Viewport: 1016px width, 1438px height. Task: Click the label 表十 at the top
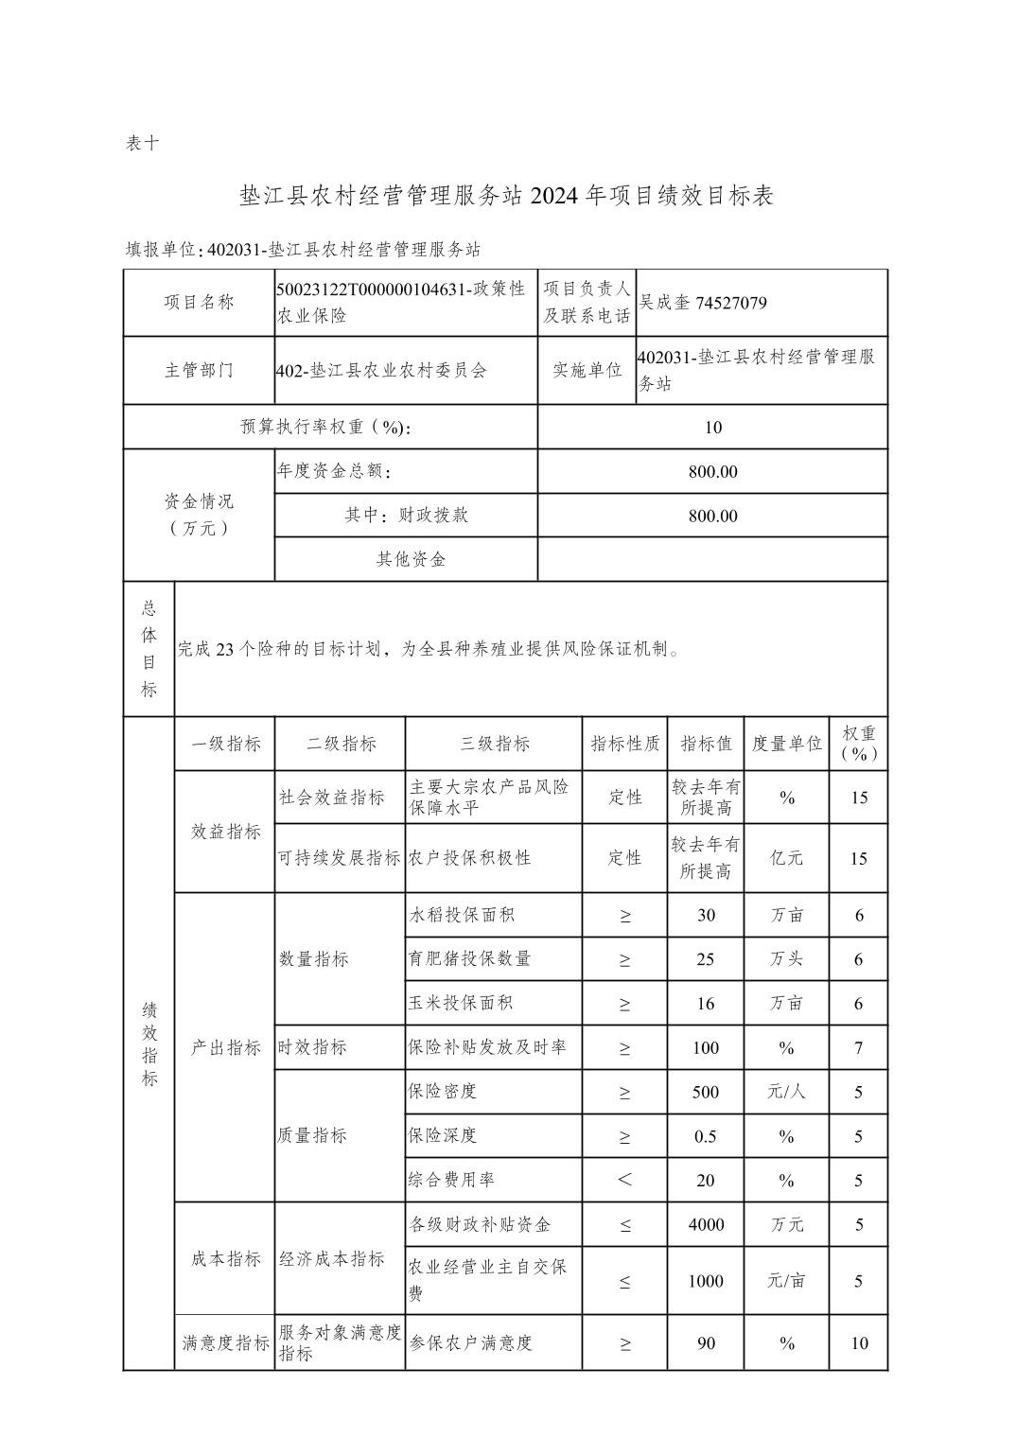coord(142,144)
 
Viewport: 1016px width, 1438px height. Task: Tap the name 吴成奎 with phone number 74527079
coord(702,303)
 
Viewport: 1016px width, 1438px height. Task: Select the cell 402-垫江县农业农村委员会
coord(381,371)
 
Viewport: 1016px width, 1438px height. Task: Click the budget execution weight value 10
coord(712,428)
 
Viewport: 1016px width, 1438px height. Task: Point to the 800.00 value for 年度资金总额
coord(712,471)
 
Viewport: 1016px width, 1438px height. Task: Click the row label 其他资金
coord(411,559)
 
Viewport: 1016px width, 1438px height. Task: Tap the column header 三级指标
coord(494,744)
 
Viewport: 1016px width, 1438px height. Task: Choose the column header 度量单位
coord(786,744)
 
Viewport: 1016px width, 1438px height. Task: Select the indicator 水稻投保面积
coord(462,915)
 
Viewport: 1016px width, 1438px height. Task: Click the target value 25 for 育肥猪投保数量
coord(706,959)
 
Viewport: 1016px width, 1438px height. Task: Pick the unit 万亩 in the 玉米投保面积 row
coord(786,1004)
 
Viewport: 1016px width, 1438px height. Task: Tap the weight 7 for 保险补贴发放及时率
coord(858,1048)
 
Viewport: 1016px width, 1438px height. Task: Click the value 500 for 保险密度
coord(706,1093)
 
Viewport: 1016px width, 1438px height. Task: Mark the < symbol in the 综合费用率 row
coord(624,1180)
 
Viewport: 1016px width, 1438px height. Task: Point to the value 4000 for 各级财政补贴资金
coord(706,1225)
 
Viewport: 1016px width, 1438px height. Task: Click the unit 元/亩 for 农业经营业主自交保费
coord(786,1281)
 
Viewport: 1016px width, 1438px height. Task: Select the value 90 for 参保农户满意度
coord(706,1343)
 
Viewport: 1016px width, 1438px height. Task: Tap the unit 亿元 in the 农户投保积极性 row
coord(786,858)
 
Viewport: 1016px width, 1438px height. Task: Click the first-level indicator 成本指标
coord(225,1259)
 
